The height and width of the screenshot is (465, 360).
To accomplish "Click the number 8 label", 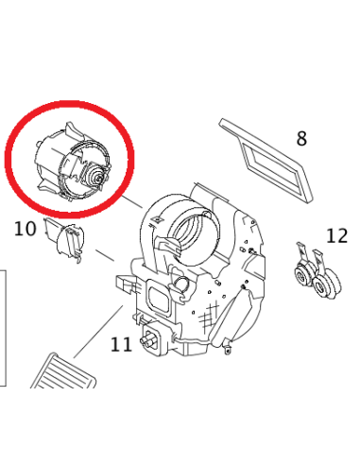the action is pyautogui.click(x=301, y=139).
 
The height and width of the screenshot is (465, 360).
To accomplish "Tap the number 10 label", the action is pyautogui.click(x=26, y=229).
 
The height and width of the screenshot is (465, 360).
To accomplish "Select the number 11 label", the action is pyautogui.click(x=121, y=345).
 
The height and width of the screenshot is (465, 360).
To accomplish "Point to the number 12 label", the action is pyautogui.click(x=336, y=235).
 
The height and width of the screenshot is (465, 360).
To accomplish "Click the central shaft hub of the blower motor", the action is pyautogui.click(x=98, y=177).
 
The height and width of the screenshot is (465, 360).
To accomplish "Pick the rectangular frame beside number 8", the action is pyautogui.click(x=266, y=160).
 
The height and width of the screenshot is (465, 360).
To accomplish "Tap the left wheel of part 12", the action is pyautogui.click(x=303, y=276).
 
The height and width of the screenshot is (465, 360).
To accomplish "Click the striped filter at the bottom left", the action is pyautogui.click(x=64, y=372).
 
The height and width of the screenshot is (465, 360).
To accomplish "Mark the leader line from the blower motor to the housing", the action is pyautogui.click(x=132, y=201).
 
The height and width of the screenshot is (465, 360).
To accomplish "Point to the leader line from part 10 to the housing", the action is pyautogui.click(x=105, y=256).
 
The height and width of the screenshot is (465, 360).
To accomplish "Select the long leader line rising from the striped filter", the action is pyautogui.click(x=98, y=332).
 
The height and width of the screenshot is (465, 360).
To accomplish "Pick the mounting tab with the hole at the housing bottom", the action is pyautogui.click(x=228, y=347).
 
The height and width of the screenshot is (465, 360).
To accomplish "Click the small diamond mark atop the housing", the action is pyautogui.click(x=156, y=218).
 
